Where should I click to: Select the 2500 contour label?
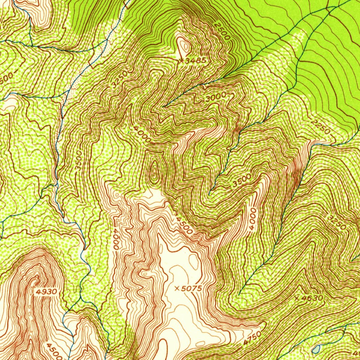[222, 31]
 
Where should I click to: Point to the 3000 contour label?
[215, 98]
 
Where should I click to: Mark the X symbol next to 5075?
[177, 288]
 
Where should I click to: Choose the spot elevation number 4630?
[311, 298]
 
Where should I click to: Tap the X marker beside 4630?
[297, 298]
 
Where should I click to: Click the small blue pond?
[316, 349]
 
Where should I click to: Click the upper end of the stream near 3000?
[164, 106]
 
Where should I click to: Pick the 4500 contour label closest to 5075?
[184, 225]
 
